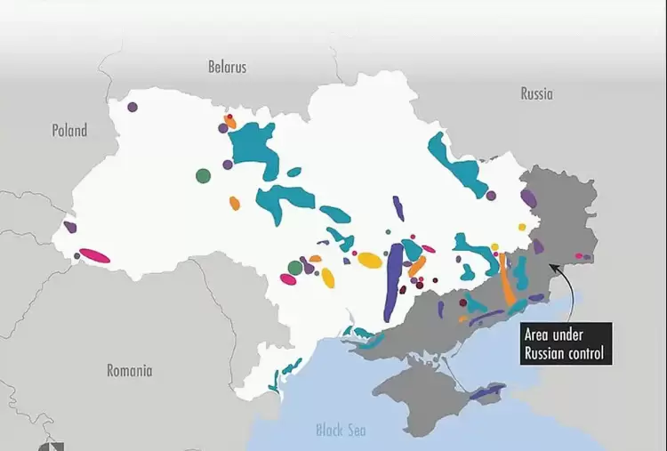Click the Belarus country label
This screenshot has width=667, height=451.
(x=227, y=67)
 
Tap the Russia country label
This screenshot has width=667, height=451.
(x=536, y=93)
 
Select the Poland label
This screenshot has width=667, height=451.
(x=69, y=131)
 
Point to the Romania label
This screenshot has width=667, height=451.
(x=129, y=371)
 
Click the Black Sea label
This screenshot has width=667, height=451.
(x=341, y=431)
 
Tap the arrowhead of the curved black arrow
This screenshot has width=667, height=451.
(x=552, y=264)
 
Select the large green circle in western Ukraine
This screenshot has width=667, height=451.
(x=204, y=175)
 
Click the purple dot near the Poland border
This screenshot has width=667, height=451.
(x=133, y=107)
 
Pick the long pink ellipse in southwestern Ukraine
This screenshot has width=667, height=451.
(x=95, y=256)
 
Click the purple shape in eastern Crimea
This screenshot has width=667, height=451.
(x=487, y=391)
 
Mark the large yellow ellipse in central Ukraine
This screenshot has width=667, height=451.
(x=369, y=260)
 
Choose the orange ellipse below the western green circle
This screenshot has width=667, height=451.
(x=235, y=203)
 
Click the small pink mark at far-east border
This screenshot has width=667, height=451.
(x=579, y=256)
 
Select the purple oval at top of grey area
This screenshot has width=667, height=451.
(x=528, y=198)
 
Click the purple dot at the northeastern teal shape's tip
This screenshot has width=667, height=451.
(x=491, y=195)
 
